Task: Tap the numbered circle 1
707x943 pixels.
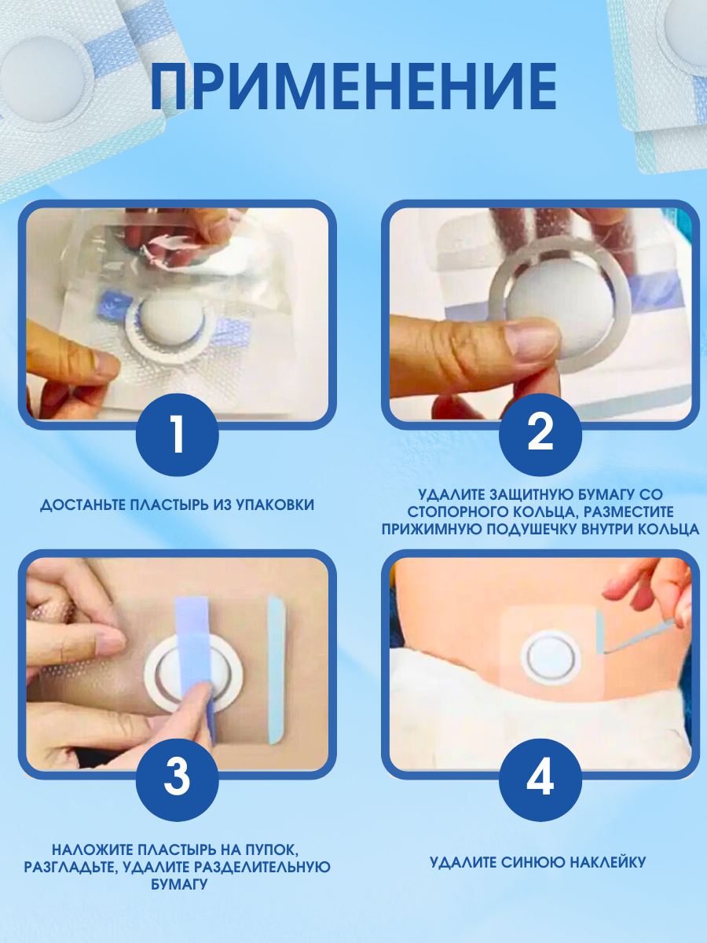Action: click(x=177, y=435)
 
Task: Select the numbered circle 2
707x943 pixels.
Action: click(x=540, y=435)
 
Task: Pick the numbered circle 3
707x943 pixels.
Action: click(x=177, y=780)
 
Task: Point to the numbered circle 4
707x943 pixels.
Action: click(x=540, y=780)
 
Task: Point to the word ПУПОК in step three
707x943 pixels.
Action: click(x=272, y=849)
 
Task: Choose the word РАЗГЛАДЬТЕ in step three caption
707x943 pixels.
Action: click(x=71, y=867)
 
